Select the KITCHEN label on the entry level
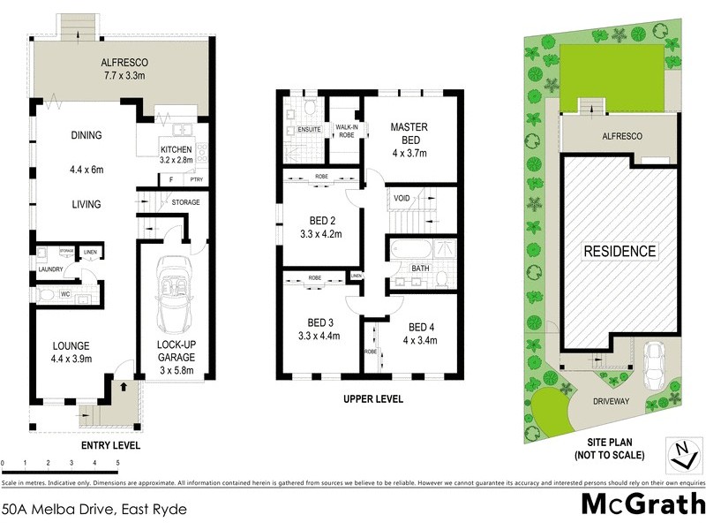click(x=175, y=149)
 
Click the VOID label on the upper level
click(x=402, y=198)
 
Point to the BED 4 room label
click(x=422, y=331)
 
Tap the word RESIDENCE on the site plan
click(x=620, y=251)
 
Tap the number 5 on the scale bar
click(x=117, y=463)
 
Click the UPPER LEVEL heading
click(x=372, y=399)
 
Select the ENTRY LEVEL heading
click(x=110, y=445)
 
